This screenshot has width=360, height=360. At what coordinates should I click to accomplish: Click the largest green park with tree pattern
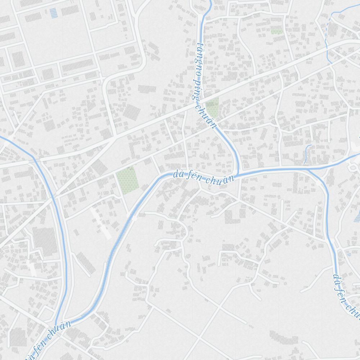[127, 180]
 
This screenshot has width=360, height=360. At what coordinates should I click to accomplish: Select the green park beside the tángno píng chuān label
[212, 107]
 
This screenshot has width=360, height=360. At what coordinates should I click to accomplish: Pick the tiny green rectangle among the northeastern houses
[277, 32]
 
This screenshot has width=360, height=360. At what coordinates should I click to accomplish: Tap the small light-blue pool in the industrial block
[53, 13]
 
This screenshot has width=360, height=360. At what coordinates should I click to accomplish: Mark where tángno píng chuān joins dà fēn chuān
[238, 174]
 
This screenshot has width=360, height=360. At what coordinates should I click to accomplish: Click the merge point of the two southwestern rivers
[57, 324]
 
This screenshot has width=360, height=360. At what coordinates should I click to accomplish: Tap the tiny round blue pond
[348, 255]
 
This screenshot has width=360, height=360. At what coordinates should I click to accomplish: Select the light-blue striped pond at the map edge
[357, 216]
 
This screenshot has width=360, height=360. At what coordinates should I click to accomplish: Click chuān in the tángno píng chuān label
[207, 115]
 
